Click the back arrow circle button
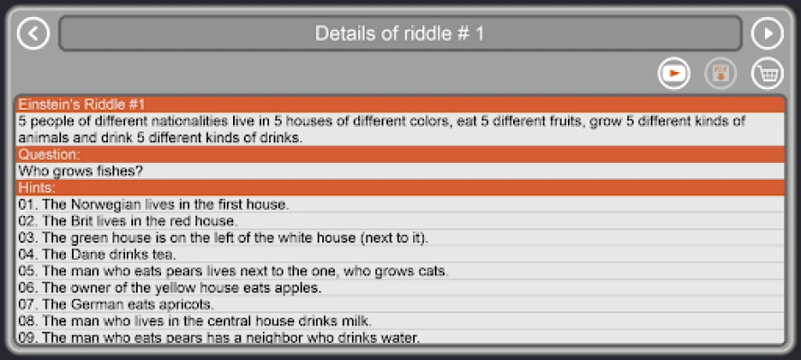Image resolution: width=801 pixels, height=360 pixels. [33, 33]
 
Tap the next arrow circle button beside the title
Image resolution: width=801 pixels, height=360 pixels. [768, 33]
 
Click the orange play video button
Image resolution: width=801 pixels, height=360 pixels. [674, 74]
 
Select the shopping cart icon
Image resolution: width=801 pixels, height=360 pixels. [768, 74]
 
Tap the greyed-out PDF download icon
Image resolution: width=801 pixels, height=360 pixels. [721, 74]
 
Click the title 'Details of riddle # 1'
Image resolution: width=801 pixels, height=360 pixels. [400, 33]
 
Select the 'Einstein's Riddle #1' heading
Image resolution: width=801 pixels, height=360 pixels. [82, 104]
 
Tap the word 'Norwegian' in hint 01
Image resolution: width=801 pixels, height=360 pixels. [105, 205]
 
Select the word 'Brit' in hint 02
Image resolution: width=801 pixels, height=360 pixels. [82, 221]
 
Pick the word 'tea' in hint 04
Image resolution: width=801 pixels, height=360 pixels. [165, 255]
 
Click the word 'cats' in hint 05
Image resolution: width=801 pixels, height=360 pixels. [435, 271]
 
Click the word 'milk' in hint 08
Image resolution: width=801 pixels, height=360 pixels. [356, 321]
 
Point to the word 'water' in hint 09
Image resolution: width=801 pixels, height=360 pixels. [401, 338]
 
